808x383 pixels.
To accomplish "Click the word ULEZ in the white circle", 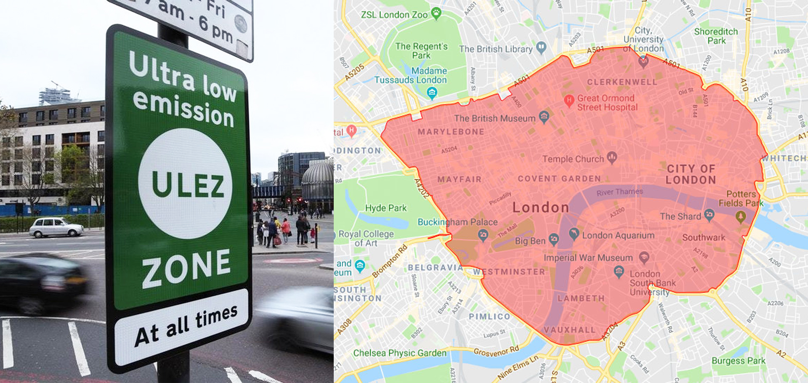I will coord(188,186).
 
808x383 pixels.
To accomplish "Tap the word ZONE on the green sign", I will coord(186,267).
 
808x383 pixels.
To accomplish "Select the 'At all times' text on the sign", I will coord(186,326).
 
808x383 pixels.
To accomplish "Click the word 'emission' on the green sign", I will coord(183,109).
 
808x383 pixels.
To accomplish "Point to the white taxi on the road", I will coord(56,227).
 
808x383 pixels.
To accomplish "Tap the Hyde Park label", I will coord(385,208).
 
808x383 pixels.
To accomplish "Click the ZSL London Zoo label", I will coord(394,15).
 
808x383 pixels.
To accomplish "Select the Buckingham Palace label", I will coord(457,222).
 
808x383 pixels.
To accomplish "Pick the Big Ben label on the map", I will coord(530,241).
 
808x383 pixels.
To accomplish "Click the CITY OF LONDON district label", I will coord(691,174).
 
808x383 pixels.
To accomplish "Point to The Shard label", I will coord(680,216).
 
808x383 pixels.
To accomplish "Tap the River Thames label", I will coord(619,192).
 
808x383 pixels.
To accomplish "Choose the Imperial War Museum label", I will coord(588,258).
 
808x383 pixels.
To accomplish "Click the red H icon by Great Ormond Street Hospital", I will coord(569,100).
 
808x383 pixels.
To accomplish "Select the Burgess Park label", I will coord(738,361).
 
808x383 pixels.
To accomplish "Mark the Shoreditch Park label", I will coord(716,36).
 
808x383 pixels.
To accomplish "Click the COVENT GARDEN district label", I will coord(559,179).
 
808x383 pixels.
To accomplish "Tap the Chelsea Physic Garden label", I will coord(399,353).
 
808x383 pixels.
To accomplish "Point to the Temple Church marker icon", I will coord(612,157).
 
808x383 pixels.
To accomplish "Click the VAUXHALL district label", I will coord(569,330).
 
